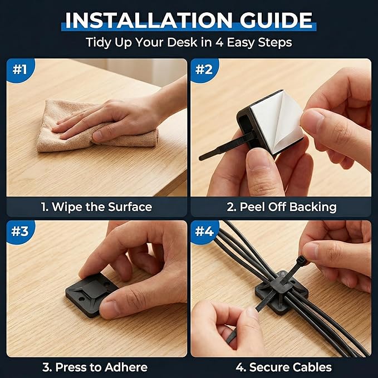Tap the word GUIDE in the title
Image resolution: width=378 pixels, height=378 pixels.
coord(276,20)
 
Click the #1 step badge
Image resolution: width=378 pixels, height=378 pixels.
coord(20,70)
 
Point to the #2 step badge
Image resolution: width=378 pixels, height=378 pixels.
coord(204,70)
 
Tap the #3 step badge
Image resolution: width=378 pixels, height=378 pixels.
coord(20,231)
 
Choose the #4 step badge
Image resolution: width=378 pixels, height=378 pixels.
coord(204,231)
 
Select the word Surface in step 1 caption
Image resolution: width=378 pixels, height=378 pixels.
coord(130,207)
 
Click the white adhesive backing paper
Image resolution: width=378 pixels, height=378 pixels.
coord(277,121)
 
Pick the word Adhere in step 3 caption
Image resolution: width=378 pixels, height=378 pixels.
coord(126,367)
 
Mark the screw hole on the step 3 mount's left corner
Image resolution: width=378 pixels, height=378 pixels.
coord(82,299)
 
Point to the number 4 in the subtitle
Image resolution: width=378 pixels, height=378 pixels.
coord(219,42)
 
